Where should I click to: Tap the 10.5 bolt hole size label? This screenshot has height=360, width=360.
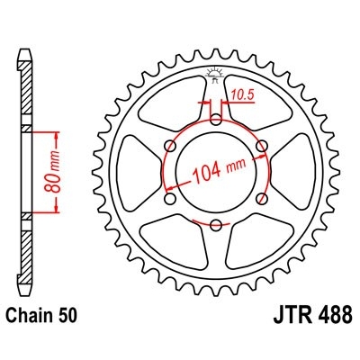pyautogui.click(x=239, y=93)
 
